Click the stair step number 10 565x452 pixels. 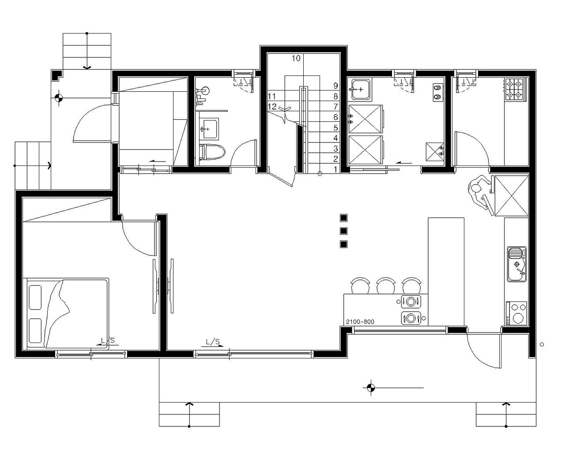coord(296,58)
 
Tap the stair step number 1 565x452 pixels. coord(335,169)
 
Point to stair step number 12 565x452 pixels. coord(272,106)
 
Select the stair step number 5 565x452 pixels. coord(335,128)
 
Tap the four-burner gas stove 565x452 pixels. coord(514,89)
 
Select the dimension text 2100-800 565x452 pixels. coord(360,322)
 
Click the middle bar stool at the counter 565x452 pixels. coord(386,286)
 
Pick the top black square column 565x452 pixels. coord(343,218)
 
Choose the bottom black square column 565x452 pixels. coord(343,244)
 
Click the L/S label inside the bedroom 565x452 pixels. coord(108,341)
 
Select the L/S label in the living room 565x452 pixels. coord(213,342)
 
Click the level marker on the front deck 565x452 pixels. coord(371,388)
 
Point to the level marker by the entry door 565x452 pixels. coord(59,98)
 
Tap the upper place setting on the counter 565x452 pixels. coord(411,301)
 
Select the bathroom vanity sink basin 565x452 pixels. coord(209,128)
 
